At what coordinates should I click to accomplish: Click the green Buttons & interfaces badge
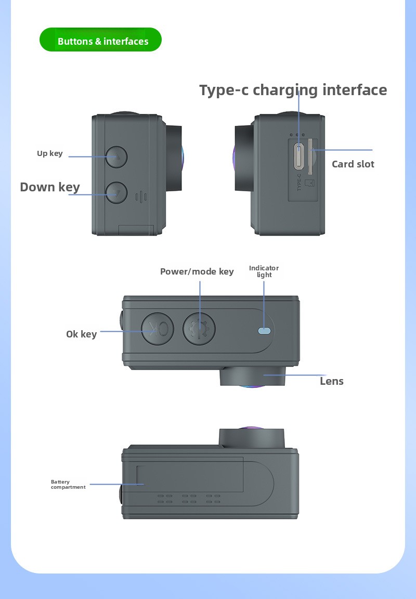click(x=101, y=40)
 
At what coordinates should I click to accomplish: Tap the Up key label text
click(x=49, y=153)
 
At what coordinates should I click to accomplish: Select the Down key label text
click(x=50, y=187)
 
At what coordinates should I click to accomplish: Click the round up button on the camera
click(x=116, y=157)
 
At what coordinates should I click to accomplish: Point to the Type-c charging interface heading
click(x=293, y=90)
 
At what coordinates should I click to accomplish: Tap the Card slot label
click(x=353, y=164)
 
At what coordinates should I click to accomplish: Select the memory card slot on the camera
click(x=310, y=156)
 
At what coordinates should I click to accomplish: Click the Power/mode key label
click(x=197, y=271)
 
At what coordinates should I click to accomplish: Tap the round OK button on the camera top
click(x=157, y=328)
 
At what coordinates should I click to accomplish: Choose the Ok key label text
click(x=81, y=334)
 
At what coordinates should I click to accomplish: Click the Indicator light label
click(x=264, y=271)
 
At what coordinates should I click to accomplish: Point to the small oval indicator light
click(x=265, y=330)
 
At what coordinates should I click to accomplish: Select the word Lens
click(x=331, y=381)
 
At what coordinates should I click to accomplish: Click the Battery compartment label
click(x=68, y=485)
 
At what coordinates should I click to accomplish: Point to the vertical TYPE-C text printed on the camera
click(x=300, y=184)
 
